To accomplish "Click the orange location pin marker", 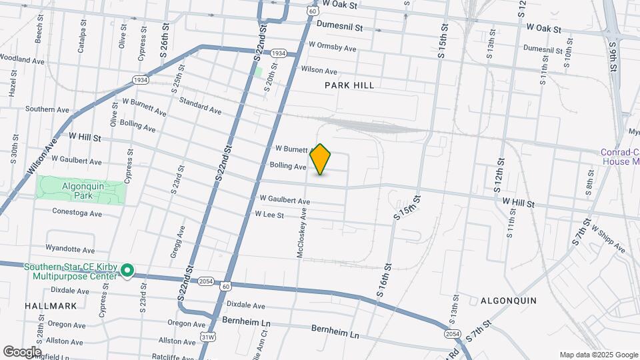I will tap(321, 159).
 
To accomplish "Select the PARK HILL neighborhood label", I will tap(349, 85).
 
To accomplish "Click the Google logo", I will tap(21, 351).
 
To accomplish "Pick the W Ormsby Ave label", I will tap(332, 49).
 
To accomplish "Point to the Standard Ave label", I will tap(200, 105).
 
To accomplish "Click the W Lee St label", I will tap(269, 215).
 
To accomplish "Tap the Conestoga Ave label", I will tap(77, 213).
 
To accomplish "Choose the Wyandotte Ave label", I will tap(71, 249).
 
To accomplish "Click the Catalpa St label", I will tap(82, 38).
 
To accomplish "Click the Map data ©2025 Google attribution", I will tap(598, 355).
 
